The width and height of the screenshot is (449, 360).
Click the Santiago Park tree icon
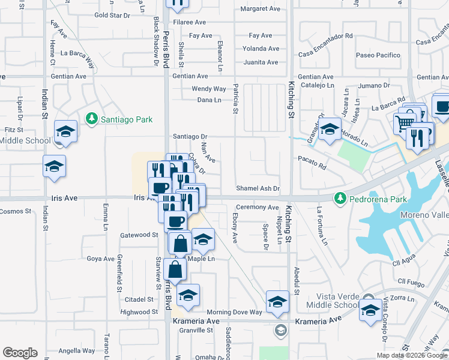(91, 119)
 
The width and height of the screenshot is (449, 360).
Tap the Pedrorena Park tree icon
(340, 198)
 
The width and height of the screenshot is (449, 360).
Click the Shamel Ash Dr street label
(258, 188)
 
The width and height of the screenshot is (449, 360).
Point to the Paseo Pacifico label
(378, 55)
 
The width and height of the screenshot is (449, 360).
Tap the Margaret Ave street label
(260, 9)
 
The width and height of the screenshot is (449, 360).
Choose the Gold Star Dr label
(112, 15)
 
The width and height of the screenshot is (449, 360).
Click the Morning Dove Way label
(235, 312)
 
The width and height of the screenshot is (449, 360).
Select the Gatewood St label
(139, 235)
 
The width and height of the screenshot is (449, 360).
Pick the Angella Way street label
(77, 351)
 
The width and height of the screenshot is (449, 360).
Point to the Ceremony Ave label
(258, 208)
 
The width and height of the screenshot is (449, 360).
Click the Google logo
(20, 353)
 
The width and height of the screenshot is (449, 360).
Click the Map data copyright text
(412, 355)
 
